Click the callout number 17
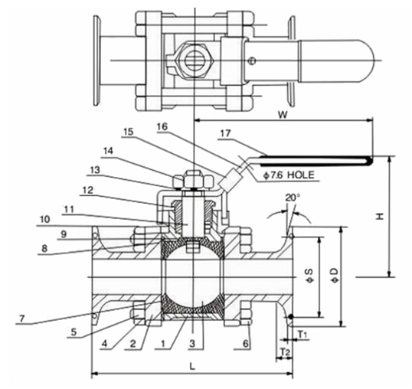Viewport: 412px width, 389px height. pyautogui.click(x=226, y=134)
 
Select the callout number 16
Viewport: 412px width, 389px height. pyautogui.click(x=162, y=126)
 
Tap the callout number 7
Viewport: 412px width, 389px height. pyautogui.click(x=21, y=319)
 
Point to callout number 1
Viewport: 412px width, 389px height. pyautogui.click(x=163, y=343)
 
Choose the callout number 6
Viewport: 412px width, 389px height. pyautogui.click(x=245, y=343)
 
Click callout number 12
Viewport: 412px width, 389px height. pyautogui.click(x=88, y=190)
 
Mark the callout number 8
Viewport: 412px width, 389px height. pyautogui.click(x=44, y=248)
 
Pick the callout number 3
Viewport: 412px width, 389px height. pyautogui.click(x=193, y=343)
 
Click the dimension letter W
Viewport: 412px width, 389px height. pyautogui.click(x=283, y=115)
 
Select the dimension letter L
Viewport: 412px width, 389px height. pyautogui.click(x=193, y=367)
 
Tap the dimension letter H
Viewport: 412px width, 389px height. pyautogui.click(x=380, y=217)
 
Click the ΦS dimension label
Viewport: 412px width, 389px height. pyautogui.click(x=310, y=276)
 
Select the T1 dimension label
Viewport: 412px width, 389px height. pyautogui.click(x=302, y=335)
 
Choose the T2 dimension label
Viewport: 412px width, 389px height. pyautogui.click(x=284, y=351)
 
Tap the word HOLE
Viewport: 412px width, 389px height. pyautogui.click(x=301, y=175)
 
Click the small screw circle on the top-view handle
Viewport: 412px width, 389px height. pyautogui.click(x=252, y=60)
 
